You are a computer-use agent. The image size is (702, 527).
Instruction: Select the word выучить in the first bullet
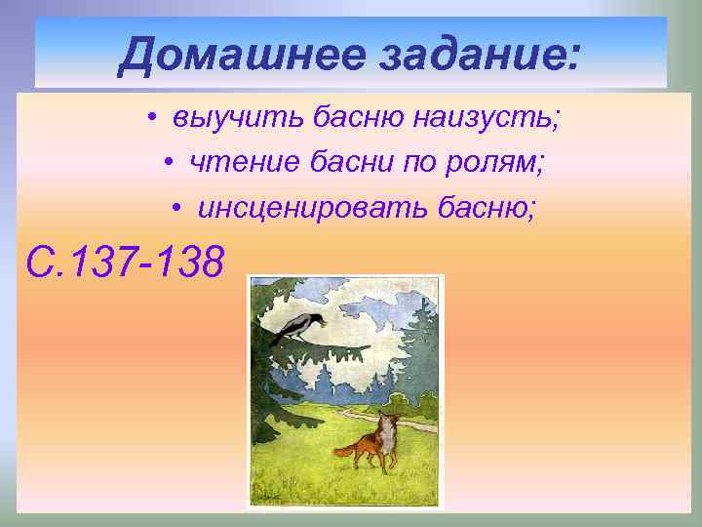tap(238, 120)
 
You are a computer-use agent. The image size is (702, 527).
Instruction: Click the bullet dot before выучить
tap(154, 121)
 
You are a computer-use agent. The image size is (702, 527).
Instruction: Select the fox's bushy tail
tap(348, 450)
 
